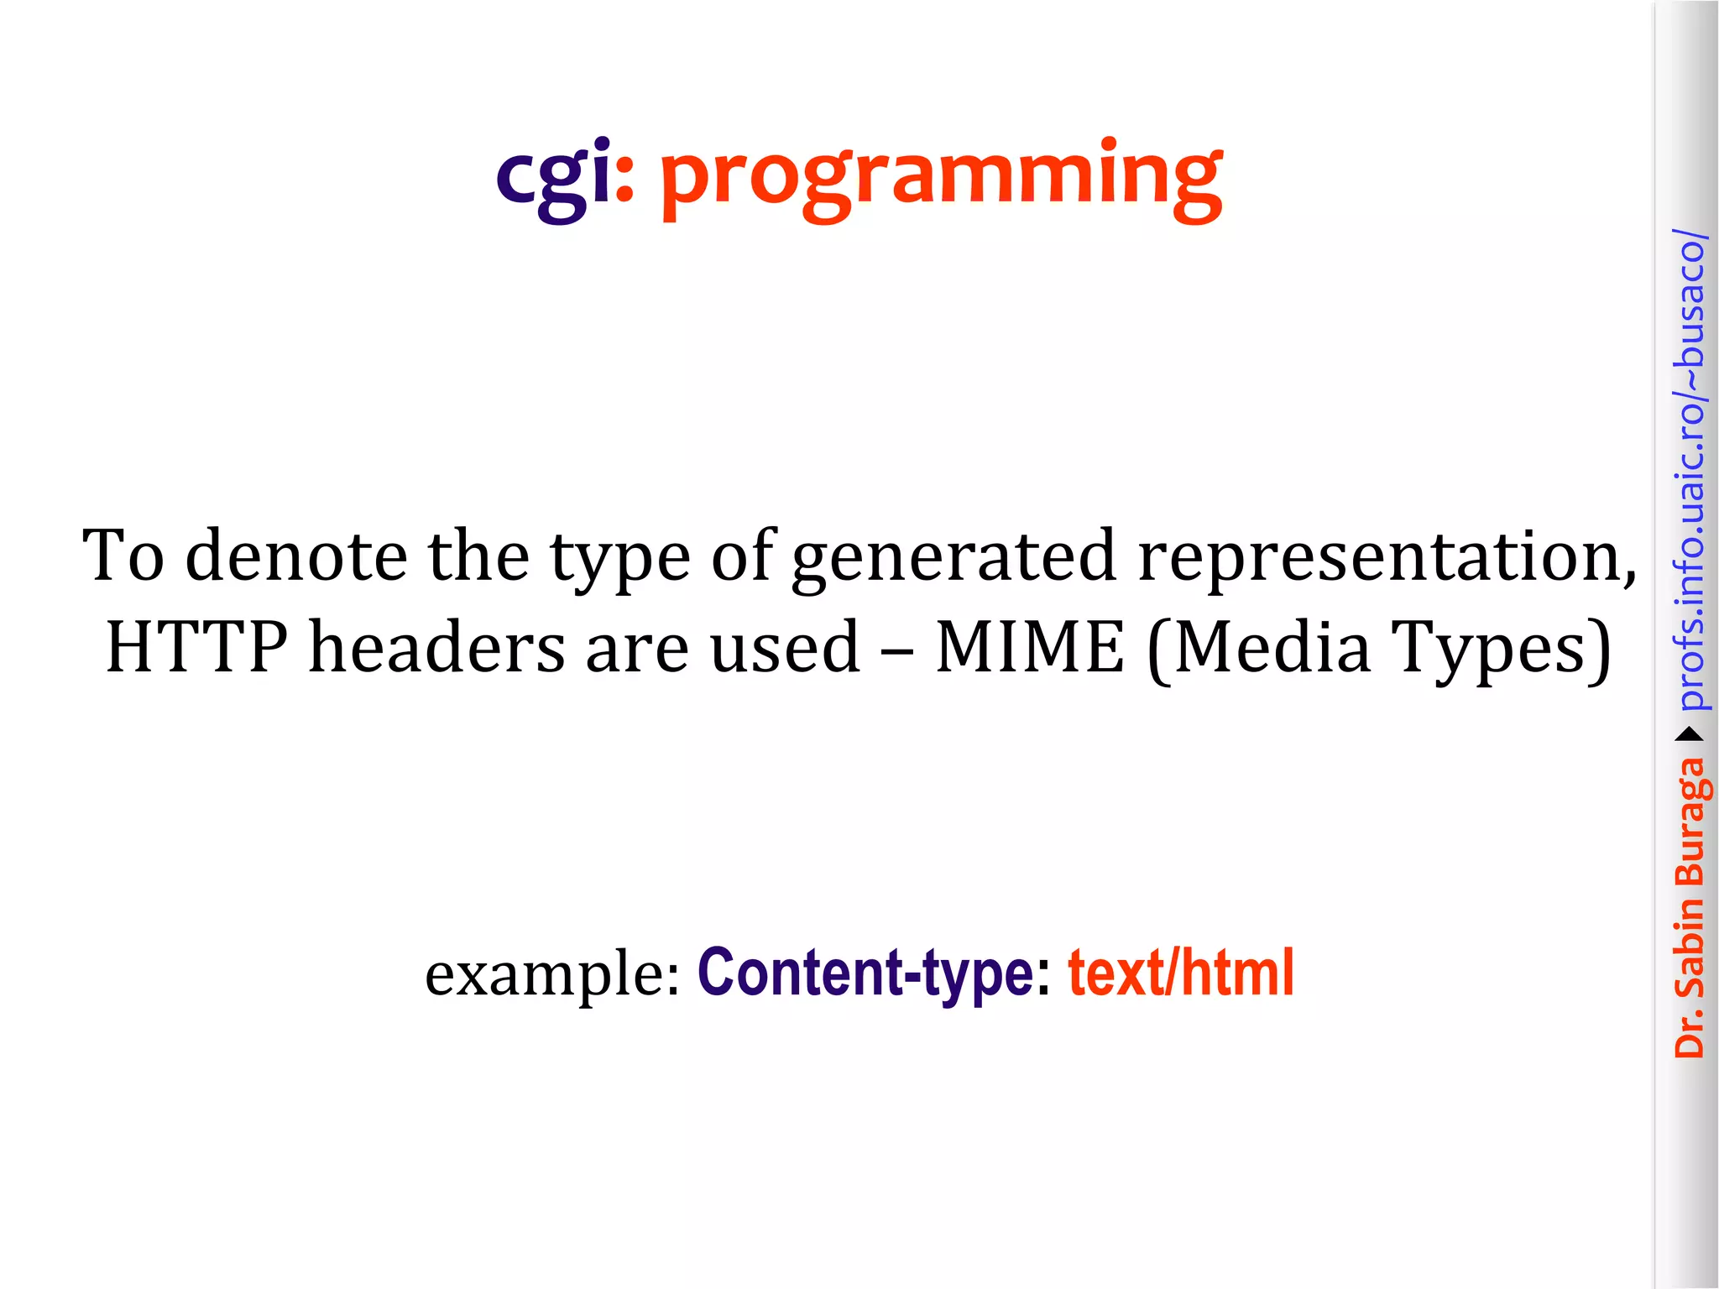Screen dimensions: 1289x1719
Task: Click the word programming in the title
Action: pyautogui.click(x=941, y=180)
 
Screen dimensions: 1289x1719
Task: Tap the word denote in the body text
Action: pyautogui.click(x=295, y=556)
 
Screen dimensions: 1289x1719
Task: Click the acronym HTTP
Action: pyautogui.click(x=196, y=647)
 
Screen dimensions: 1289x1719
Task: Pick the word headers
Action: pyautogui.click(x=437, y=647)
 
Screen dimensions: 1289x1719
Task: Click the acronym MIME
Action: pyautogui.click(x=1029, y=647)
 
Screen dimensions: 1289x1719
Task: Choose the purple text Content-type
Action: pyautogui.click(x=865, y=973)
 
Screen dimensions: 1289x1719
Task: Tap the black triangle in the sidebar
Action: pyautogui.click(x=1690, y=735)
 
